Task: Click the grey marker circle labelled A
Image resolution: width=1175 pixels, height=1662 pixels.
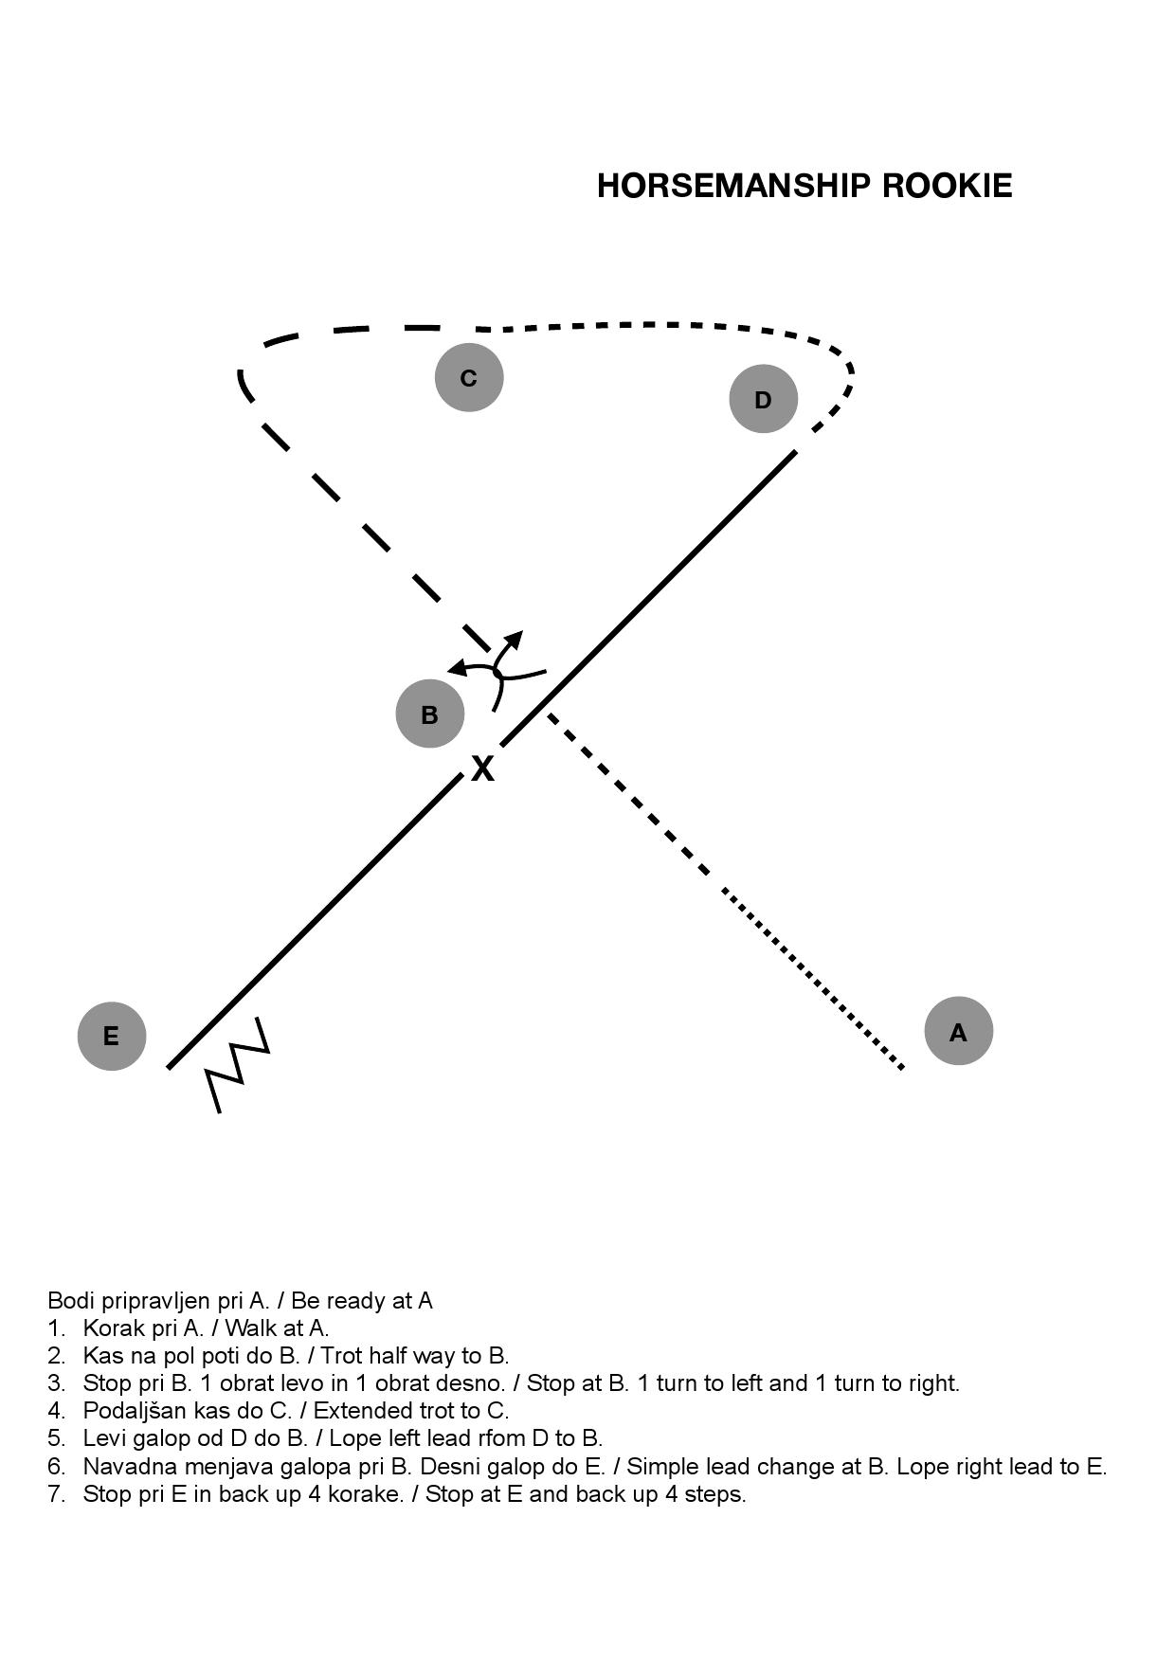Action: click(x=958, y=1031)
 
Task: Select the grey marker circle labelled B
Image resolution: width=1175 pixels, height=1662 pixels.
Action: click(x=430, y=714)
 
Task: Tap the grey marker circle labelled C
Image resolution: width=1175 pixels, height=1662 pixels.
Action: click(x=469, y=377)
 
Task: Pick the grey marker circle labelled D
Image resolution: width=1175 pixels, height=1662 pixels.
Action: click(x=764, y=399)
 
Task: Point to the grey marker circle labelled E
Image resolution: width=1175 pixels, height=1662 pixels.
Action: click(x=112, y=1036)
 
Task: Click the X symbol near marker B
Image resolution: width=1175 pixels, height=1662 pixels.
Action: click(x=483, y=768)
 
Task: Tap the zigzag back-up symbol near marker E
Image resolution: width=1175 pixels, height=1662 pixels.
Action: click(x=239, y=1066)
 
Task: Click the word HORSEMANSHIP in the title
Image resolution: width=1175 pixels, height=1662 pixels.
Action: click(x=733, y=186)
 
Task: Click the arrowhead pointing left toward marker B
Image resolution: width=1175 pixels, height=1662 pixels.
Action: click(x=458, y=668)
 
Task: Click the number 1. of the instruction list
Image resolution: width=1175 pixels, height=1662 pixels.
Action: click(x=57, y=1328)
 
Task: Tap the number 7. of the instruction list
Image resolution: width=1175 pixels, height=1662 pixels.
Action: click(x=57, y=1494)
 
